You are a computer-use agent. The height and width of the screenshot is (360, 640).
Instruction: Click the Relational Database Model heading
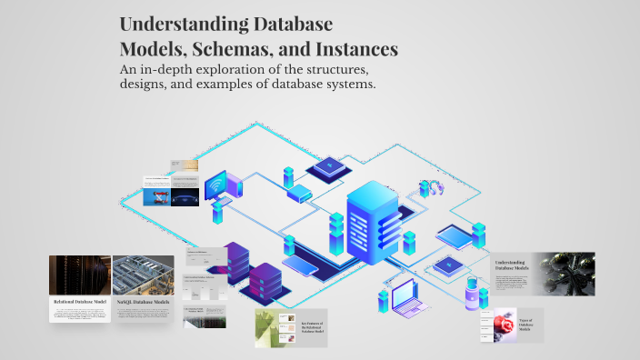click(x=80, y=301)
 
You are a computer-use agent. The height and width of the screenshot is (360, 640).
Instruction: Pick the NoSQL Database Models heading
click(x=143, y=301)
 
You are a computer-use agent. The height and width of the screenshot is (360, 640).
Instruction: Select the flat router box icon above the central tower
click(x=300, y=193)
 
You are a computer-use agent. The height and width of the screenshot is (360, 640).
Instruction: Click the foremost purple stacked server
click(x=266, y=281)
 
